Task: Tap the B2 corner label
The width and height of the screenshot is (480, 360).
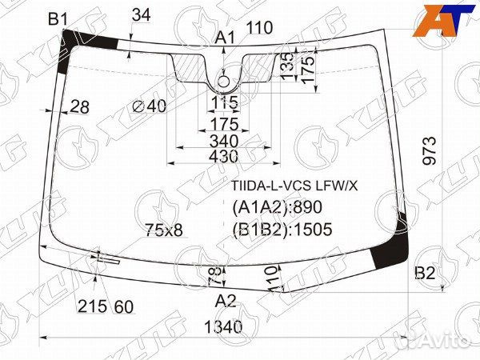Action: (x=425, y=274)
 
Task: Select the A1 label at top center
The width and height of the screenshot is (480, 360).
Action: (x=225, y=37)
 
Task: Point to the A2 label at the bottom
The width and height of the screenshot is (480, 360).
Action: (x=226, y=301)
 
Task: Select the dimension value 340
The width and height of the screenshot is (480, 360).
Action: (x=226, y=141)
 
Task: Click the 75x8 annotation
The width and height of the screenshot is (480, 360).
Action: (x=164, y=230)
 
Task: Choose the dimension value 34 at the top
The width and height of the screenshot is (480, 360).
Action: (x=141, y=14)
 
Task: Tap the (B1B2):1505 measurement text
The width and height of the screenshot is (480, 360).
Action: (x=281, y=230)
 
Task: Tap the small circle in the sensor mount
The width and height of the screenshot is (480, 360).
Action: (x=226, y=80)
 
